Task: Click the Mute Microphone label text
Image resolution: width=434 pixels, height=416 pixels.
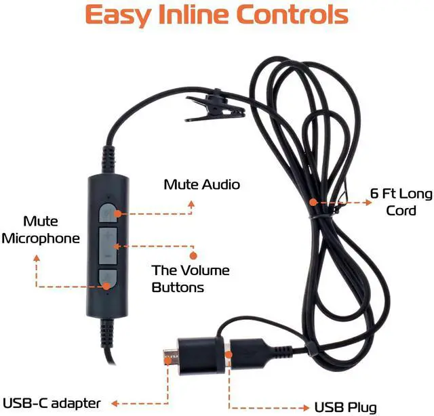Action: click(42, 230)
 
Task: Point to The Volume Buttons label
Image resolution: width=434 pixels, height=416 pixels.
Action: click(191, 278)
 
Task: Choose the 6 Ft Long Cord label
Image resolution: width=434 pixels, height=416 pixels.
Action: click(401, 202)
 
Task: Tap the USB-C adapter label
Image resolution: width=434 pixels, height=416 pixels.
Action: click(52, 403)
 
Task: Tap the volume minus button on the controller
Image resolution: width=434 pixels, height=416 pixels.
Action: click(108, 255)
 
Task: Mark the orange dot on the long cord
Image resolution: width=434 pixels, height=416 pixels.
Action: click(313, 201)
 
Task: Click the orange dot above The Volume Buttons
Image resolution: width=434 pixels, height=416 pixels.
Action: click(193, 255)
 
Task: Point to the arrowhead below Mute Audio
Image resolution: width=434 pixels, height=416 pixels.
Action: click(192, 202)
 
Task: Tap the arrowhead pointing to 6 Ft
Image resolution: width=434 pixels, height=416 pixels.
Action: click(352, 201)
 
